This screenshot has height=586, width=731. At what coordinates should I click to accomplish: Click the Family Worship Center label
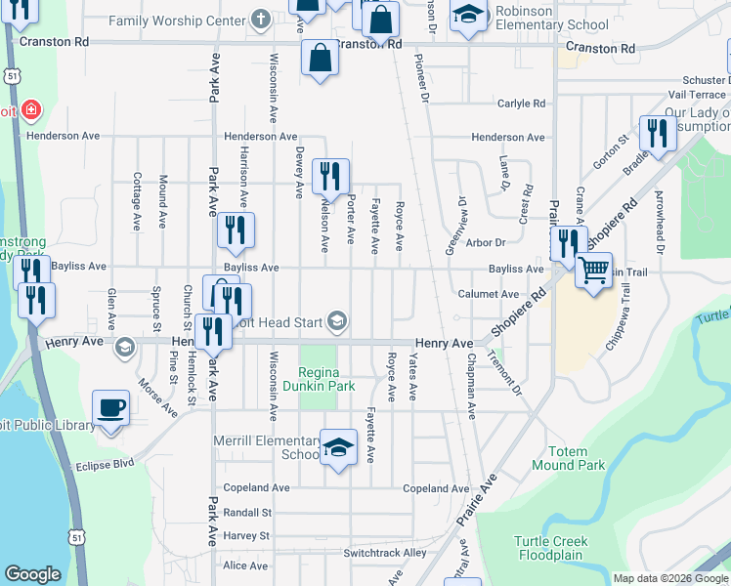click(x=176, y=21)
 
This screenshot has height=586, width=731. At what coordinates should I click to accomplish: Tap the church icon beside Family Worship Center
click(x=260, y=19)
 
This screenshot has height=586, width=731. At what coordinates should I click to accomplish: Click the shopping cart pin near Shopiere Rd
click(x=592, y=271)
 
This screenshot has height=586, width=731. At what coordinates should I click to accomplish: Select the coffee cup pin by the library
click(x=110, y=408)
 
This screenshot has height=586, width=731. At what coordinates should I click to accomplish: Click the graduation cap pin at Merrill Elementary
click(x=338, y=448)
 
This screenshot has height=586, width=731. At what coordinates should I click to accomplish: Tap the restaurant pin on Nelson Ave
click(x=330, y=177)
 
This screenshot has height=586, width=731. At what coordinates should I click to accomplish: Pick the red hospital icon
click(x=31, y=109)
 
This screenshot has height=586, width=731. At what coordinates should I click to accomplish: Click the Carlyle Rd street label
click(x=520, y=103)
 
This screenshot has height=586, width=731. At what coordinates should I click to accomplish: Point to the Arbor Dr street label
click(x=486, y=241)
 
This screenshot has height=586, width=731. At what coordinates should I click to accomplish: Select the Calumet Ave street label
click(x=487, y=294)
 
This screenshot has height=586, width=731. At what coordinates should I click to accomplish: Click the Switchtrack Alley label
click(x=385, y=553)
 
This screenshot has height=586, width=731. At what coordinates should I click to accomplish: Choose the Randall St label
click(x=247, y=512)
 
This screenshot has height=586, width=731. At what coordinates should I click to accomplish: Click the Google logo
click(x=32, y=574)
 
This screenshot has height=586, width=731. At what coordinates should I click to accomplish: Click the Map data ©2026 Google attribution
click(x=669, y=578)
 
